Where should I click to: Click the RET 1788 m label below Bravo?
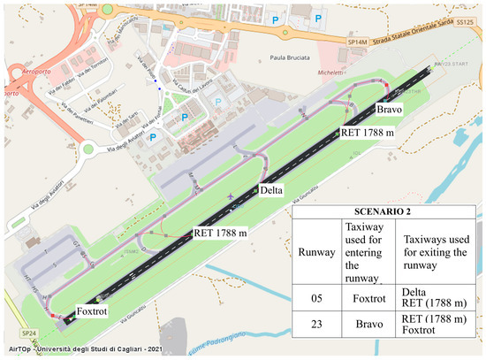click(x=367, y=132)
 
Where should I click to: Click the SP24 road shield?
click(x=29, y=333)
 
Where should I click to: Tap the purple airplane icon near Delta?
click(x=231, y=195)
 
